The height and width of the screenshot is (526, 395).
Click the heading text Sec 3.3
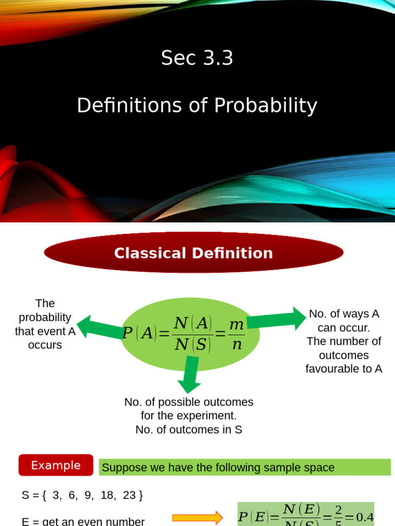click(x=197, y=58)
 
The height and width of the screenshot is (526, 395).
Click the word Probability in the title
click(x=265, y=106)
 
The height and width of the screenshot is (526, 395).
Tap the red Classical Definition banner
click(x=193, y=253)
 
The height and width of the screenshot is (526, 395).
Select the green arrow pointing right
click(x=278, y=320)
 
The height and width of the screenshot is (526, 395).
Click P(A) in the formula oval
click(x=139, y=333)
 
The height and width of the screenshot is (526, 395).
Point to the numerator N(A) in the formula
click(x=193, y=323)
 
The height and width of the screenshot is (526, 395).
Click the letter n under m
click(x=237, y=345)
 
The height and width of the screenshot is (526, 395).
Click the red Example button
click(x=56, y=465)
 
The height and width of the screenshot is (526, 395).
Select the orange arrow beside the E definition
click(x=197, y=517)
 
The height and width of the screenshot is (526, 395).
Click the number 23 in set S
click(x=130, y=495)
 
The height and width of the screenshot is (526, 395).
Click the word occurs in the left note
click(x=45, y=345)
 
